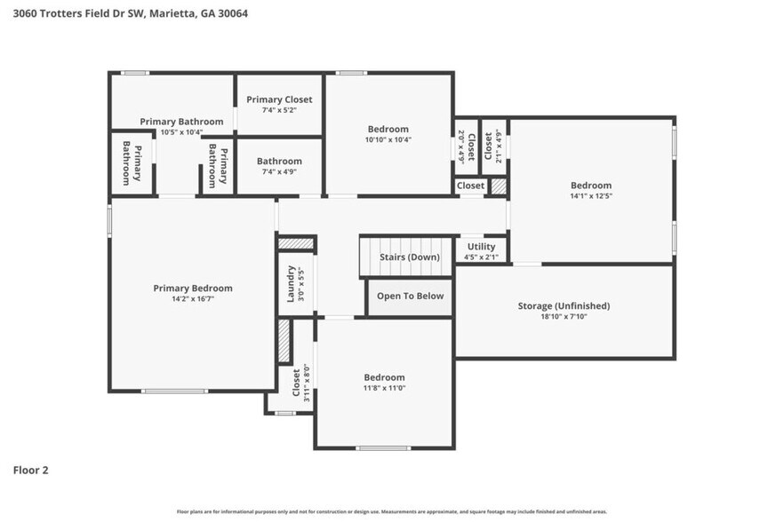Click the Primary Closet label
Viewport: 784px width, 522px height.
tap(279, 99)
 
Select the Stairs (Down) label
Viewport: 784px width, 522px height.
tap(409, 257)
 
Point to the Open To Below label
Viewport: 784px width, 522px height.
tap(410, 297)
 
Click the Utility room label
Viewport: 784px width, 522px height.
tap(481, 247)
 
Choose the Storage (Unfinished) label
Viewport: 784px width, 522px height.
tap(564, 306)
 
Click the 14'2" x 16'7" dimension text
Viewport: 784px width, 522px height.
tap(193, 299)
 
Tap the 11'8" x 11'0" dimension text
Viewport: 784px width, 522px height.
tap(384, 388)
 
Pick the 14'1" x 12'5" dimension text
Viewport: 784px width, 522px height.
tap(591, 195)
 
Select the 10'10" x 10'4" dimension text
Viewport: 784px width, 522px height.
tap(388, 139)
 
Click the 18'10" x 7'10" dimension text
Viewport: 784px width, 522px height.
tap(564, 317)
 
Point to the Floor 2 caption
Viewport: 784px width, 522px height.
tap(30, 470)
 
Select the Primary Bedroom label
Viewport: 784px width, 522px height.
tap(193, 288)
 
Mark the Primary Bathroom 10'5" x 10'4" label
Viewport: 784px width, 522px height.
tap(182, 126)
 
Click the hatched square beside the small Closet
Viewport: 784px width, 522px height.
tap(499, 186)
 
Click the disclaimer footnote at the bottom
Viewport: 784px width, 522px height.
tap(392, 511)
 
